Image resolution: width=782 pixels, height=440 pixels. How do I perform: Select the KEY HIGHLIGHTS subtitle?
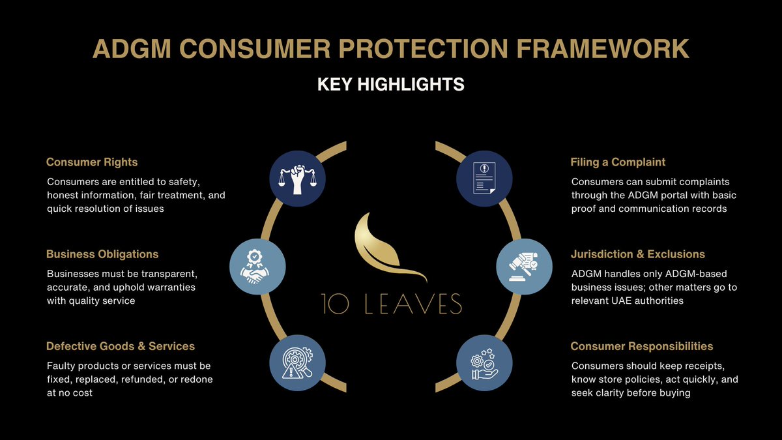click(390, 85)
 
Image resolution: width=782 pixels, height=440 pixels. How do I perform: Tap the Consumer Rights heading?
click(92, 162)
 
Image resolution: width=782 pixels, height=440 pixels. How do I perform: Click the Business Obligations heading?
click(102, 254)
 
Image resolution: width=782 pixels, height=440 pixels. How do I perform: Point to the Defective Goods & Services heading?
click(121, 346)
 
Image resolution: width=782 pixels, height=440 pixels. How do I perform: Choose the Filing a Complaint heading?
click(618, 162)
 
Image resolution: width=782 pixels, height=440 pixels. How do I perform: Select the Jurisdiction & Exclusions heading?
click(638, 254)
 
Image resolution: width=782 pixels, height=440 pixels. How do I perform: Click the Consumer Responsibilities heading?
click(642, 346)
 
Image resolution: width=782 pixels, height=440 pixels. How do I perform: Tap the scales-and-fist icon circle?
click(297, 178)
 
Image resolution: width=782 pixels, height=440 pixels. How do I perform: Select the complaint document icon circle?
click(484, 178)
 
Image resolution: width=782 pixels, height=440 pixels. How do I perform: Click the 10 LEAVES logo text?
click(390, 304)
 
